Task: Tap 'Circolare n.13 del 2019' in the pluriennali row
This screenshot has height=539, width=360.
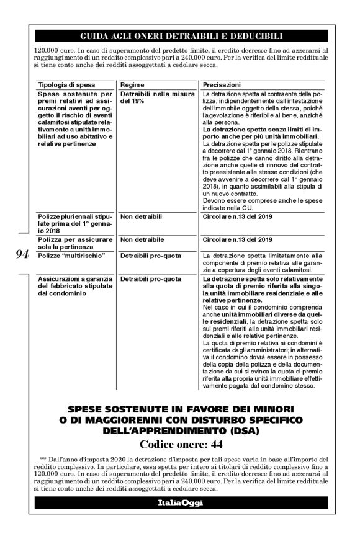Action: pyautogui.click(x=237, y=218)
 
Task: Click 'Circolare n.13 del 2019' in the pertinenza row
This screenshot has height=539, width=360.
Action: pyautogui.click(x=237, y=239)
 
